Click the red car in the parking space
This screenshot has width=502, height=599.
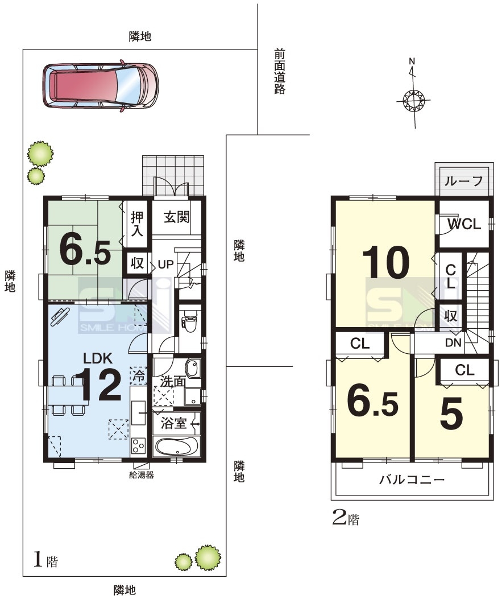pos(101,85)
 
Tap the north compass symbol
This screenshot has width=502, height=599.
pos(413,100)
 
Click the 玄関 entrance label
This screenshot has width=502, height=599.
pos(176,217)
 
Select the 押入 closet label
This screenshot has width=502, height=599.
pos(137,224)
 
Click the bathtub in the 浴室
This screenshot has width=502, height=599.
pos(177,447)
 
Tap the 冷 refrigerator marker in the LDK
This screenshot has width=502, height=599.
pos(139,375)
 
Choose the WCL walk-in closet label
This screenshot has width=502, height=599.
pos(464,224)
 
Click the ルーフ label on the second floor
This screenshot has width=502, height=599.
pos(463,180)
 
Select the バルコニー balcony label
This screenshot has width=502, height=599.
pos(412,479)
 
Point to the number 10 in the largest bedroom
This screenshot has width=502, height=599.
pos(386,262)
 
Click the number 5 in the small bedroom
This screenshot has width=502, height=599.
pos(451,413)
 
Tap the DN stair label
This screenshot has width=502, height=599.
pos(453,342)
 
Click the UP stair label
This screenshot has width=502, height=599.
pos(165,264)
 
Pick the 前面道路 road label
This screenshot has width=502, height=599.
pos(280,72)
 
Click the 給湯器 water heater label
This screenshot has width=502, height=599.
pos(141,475)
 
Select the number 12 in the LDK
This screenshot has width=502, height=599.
pos(98,385)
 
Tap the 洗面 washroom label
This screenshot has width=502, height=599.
pos(173,381)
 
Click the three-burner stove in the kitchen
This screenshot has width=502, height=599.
pos(138,446)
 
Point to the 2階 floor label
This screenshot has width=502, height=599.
pos(346,518)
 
